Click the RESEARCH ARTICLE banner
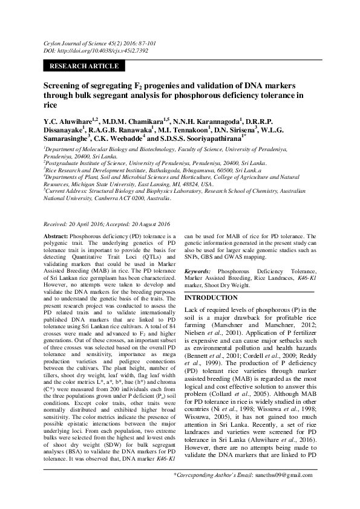click(84, 66)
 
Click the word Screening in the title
click(64, 86)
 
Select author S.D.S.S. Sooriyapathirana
click(200, 138)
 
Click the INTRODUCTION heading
click(211, 298)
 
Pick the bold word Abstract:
click(56, 235)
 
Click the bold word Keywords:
click(198, 271)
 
